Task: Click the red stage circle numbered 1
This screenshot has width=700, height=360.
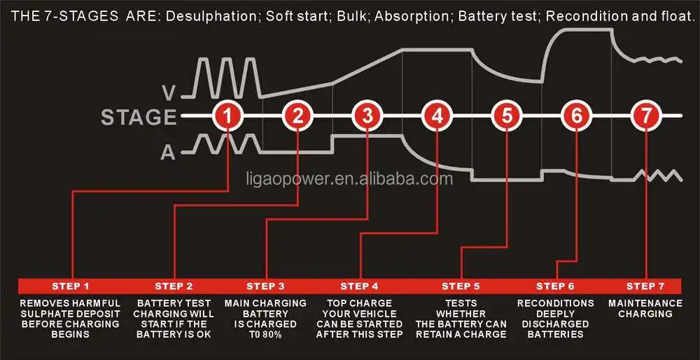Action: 227,116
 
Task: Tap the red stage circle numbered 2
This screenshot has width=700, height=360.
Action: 297,116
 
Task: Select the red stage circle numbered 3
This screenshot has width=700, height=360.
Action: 367,116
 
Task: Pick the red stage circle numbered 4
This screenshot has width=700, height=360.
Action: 437,116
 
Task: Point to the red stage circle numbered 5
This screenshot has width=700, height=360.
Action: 507,116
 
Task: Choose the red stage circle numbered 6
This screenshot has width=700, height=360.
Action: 577,116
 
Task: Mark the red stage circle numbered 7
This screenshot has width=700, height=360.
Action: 646,116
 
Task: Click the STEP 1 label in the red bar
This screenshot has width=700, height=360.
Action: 71,286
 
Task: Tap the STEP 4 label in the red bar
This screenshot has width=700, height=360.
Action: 359,286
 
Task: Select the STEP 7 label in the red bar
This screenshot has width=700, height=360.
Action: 645,286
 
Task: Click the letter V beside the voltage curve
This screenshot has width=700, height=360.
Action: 169,92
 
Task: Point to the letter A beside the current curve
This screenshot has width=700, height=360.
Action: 168,153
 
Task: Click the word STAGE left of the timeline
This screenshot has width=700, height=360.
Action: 139,117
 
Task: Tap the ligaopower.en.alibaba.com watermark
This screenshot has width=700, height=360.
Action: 349,179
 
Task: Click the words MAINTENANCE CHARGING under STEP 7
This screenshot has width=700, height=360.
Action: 645,308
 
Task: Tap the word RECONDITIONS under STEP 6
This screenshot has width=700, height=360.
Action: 556,303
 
